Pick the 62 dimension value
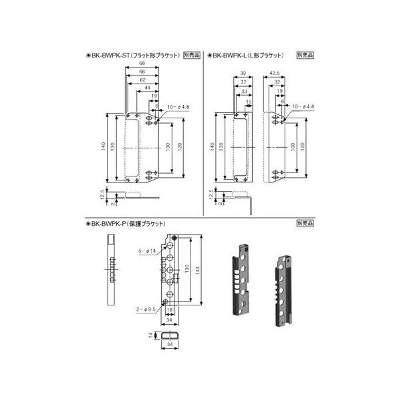tap(142, 80)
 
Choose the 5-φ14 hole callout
tap(146, 251)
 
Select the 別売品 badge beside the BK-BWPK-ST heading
tap(191, 57)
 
